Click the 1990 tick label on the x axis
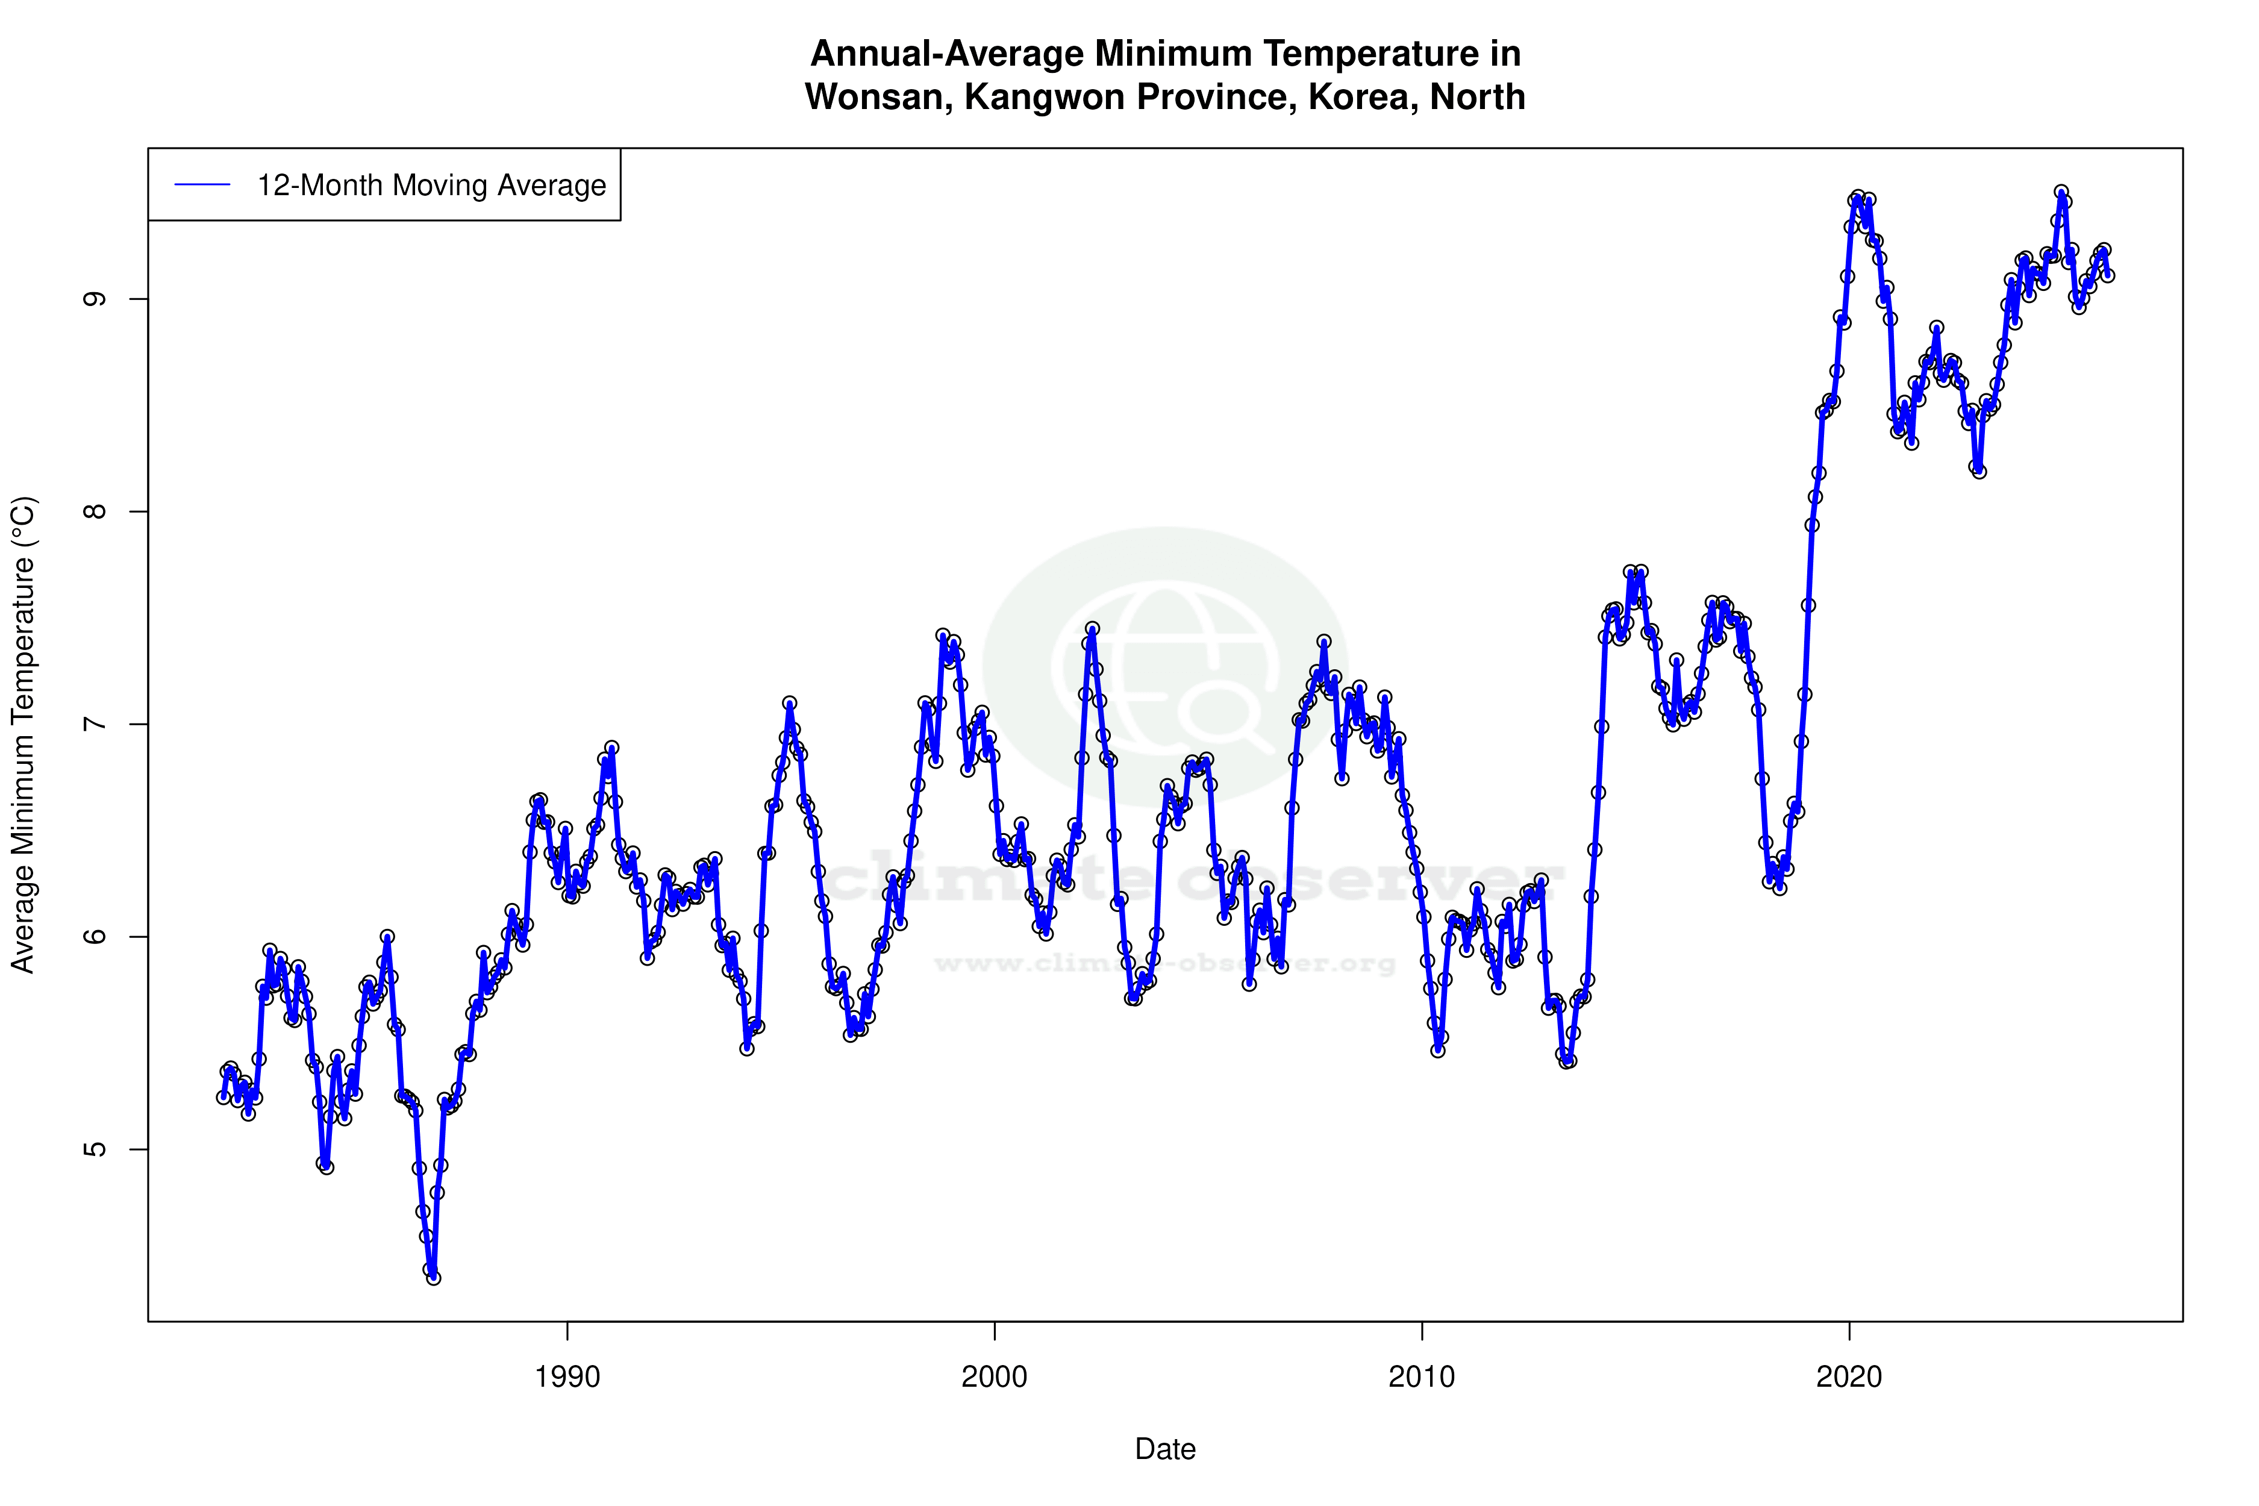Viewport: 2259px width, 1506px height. click(x=567, y=1377)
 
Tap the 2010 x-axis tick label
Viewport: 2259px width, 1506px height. click(x=1422, y=1377)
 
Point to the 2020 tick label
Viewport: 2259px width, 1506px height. click(x=1849, y=1377)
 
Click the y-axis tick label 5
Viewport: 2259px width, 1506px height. click(x=94, y=1149)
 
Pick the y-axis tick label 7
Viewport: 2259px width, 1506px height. click(x=94, y=724)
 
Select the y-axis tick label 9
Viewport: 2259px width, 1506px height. click(x=94, y=299)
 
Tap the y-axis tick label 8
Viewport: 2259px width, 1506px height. click(x=94, y=511)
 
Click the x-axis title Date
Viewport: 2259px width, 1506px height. click(x=1165, y=1449)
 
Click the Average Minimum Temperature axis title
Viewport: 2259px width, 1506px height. click(x=23, y=735)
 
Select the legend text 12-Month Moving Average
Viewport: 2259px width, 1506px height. click(x=431, y=186)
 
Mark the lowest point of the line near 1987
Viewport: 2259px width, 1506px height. click(x=433, y=1278)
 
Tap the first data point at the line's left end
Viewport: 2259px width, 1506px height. click(x=223, y=1097)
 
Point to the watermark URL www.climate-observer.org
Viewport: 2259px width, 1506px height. click(x=1165, y=963)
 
